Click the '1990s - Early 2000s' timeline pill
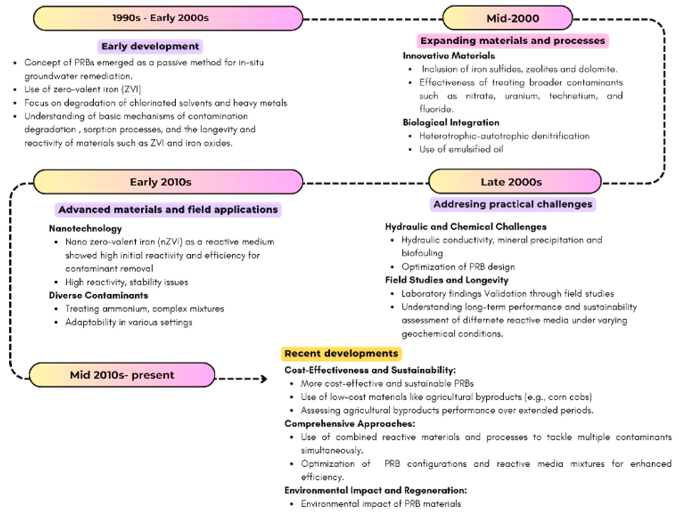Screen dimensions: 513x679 (168, 18)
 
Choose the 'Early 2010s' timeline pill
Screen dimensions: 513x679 (168, 182)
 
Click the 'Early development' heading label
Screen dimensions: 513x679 (150, 46)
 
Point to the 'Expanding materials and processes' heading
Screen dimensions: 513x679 (513, 41)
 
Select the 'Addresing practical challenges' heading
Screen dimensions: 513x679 (513, 204)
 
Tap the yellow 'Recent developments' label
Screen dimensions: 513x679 (341, 353)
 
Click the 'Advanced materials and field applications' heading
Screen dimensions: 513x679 (168, 210)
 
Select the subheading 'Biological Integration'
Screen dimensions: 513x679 (451, 123)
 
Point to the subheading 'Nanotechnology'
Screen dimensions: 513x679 (85, 228)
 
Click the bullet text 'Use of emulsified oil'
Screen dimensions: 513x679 (461, 149)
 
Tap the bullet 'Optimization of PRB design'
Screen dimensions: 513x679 (458, 267)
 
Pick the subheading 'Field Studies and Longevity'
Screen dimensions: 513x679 (447, 280)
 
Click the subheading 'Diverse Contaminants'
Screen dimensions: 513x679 (98, 295)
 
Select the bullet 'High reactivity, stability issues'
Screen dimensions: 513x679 (126, 282)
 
